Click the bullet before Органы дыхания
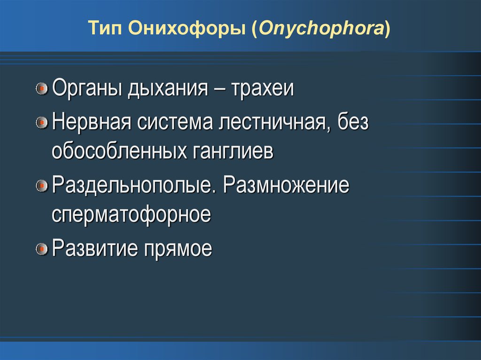[x=42, y=89]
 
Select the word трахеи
[x=262, y=88]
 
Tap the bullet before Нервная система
[x=42, y=123]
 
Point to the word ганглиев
[x=233, y=153]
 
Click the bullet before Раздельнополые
[x=42, y=186]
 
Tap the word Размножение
[x=287, y=185]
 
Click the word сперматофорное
[x=132, y=216]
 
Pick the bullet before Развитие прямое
[x=42, y=249]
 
